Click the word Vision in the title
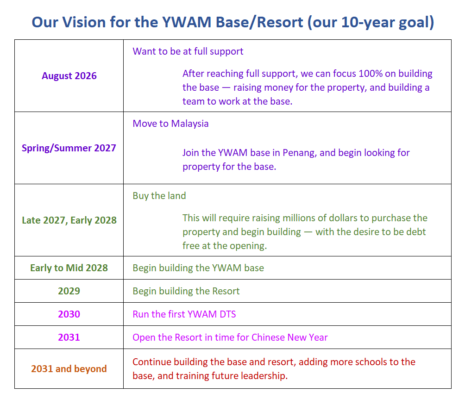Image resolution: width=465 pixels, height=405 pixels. point(84,22)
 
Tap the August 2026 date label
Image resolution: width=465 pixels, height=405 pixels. point(69,76)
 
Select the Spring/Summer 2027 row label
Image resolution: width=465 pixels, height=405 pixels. point(69,148)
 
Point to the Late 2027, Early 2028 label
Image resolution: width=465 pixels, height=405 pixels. point(69,220)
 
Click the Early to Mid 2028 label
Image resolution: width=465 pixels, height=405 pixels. point(69,268)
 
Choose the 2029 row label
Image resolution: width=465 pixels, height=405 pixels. point(69,291)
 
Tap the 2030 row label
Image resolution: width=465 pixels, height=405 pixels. point(69,314)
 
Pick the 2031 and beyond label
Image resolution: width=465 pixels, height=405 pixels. point(69,369)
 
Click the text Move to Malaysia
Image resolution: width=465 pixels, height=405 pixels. point(170,124)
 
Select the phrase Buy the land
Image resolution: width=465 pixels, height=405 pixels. point(159,196)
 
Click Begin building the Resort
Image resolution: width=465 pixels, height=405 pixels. point(186,291)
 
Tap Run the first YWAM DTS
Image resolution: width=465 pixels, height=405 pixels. point(184,314)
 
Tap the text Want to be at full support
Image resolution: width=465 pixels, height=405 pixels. point(188,51)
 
